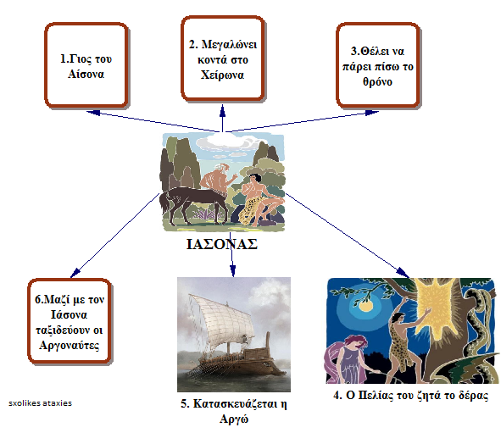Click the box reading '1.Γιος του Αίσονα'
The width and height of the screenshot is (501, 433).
point(86,65)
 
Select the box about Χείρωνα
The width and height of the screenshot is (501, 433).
point(223,58)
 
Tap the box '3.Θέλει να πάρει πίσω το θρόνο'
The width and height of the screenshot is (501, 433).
point(378,65)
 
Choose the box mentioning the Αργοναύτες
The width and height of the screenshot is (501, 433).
point(70,321)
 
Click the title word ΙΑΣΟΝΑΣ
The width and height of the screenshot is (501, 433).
point(222,244)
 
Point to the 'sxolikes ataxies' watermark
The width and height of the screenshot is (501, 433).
point(40,403)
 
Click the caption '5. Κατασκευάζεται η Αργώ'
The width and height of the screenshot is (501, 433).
point(234,411)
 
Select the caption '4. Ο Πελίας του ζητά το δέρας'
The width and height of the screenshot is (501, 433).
point(411,396)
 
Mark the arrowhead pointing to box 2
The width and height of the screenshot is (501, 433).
point(223,110)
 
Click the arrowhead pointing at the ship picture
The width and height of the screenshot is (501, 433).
point(232,271)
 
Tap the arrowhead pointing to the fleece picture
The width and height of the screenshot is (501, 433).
point(403,273)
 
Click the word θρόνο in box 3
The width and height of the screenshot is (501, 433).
point(377,82)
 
